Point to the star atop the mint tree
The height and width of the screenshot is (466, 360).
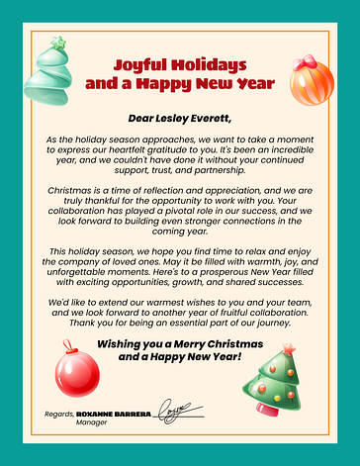[58, 43]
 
